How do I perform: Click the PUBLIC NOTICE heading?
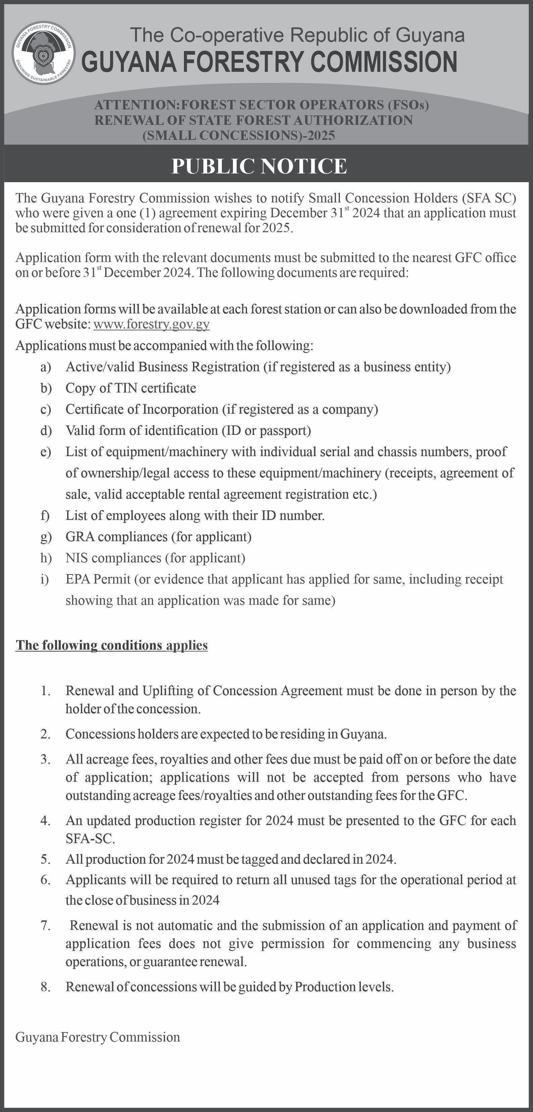259,166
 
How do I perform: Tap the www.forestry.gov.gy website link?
152,324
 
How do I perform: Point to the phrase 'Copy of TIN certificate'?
131,388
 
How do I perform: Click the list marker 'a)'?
46,367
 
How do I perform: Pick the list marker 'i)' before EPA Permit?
45,579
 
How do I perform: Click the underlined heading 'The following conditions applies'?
111,645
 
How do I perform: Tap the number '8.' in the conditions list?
46,987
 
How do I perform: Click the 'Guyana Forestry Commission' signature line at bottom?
98,1037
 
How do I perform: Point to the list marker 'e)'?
46,452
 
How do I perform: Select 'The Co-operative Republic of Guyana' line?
297,35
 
